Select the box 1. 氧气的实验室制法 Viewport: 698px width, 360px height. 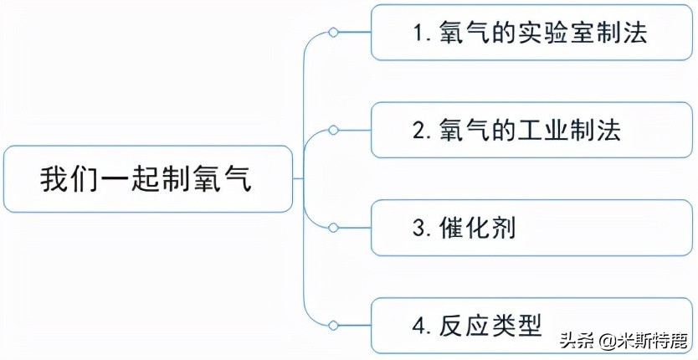531,33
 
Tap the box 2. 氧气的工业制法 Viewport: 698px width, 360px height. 531,130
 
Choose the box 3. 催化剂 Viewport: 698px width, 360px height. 531,227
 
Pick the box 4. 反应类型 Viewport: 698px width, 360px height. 531,324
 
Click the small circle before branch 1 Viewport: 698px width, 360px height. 333,33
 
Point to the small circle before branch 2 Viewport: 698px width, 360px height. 333,130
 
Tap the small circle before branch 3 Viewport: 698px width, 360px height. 333,227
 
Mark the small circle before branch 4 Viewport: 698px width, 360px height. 333,324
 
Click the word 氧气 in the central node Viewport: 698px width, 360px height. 225,179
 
